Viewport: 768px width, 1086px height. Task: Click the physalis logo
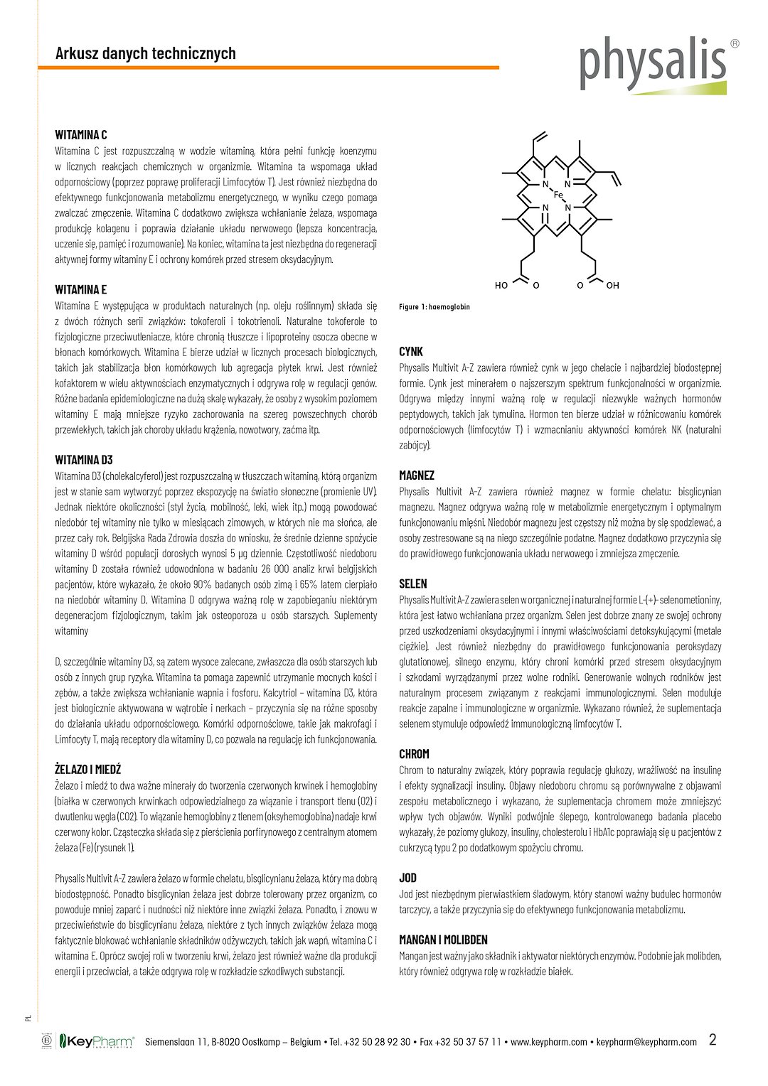coord(653,65)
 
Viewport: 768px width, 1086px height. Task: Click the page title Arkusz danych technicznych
coord(145,53)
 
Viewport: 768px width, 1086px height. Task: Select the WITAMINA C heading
coord(81,135)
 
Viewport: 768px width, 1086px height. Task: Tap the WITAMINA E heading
coord(81,289)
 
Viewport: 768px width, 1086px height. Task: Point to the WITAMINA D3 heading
coord(84,460)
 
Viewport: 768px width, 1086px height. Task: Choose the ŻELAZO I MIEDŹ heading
coord(88,769)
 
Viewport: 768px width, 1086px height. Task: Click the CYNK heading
coord(411,351)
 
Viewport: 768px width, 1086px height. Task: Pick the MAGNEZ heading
coord(417,475)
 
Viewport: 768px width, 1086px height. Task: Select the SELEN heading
coord(413,584)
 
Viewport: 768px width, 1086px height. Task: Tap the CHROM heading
coord(415,753)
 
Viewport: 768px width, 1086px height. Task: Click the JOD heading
coord(408,878)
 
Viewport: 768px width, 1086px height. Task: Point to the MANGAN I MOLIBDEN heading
coord(443,940)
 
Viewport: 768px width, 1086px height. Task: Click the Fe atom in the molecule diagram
coord(558,195)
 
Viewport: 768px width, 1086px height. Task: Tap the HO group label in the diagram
coord(501,286)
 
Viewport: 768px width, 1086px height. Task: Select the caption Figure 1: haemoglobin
coord(434,307)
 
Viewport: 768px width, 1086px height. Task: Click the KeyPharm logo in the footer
coord(97,1042)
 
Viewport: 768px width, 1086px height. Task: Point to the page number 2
coord(713,1040)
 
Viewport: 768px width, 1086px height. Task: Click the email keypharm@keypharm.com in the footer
coord(646,1043)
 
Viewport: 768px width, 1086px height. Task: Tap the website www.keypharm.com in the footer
coord(549,1043)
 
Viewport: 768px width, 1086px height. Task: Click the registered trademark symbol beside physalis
coord(735,43)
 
